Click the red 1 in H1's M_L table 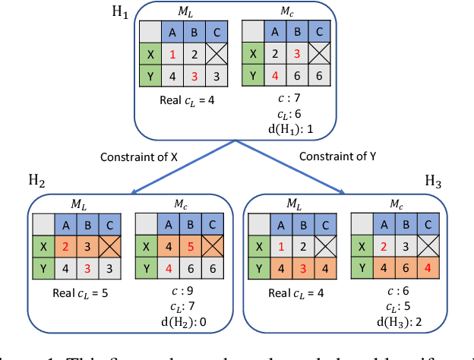click(173, 55)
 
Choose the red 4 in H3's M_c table click(428, 269)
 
